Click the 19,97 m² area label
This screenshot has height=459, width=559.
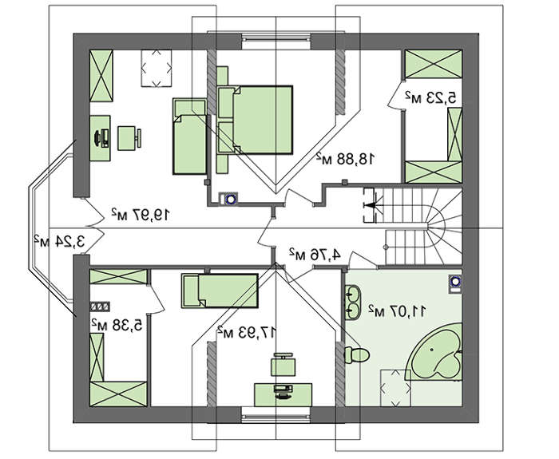click(140, 215)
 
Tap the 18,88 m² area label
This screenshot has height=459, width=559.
click(346, 159)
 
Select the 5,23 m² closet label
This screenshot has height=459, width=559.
click(430, 97)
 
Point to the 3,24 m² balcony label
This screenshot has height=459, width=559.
click(60, 242)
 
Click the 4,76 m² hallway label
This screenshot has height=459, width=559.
click(315, 255)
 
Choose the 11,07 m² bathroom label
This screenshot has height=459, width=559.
click(397, 311)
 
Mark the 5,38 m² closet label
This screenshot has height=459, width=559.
click(117, 325)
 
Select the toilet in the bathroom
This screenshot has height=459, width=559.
click(357, 355)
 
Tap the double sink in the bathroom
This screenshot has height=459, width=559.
click(353, 302)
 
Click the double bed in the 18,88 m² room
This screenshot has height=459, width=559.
click(255, 120)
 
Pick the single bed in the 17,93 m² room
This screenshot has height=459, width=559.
click(220, 291)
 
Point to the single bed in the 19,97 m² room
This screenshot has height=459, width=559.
click(190, 137)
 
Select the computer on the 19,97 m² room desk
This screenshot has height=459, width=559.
click(101, 138)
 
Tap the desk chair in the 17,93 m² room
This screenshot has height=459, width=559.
click(283, 364)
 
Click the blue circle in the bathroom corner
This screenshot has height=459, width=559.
click(455, 283)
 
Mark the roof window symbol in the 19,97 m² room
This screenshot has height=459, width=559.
click(157, 68)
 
